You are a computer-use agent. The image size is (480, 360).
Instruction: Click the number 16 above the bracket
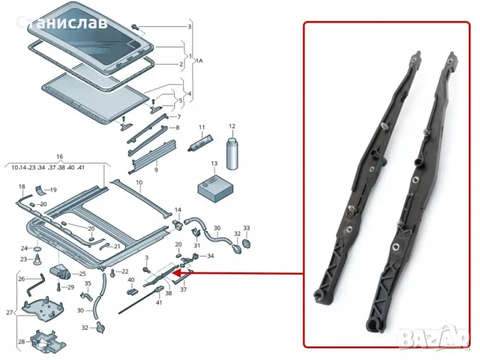(38, 157)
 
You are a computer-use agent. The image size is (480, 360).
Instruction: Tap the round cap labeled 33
(247, 243)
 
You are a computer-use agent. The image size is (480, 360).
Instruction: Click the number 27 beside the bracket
(9, 313)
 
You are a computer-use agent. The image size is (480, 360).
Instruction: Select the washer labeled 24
(36, 247)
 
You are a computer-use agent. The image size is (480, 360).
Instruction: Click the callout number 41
(159, 302)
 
